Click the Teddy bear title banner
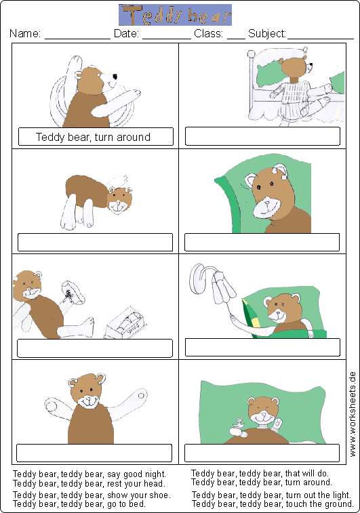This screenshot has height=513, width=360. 175,15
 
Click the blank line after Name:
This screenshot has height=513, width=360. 77,39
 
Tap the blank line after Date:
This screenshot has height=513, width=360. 167,39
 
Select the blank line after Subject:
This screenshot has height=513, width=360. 321,39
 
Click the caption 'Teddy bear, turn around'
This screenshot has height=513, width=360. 94,137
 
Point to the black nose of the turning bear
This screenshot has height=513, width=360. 115,77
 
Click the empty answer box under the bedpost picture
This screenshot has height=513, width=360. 262,136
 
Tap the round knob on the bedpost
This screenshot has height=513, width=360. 251,54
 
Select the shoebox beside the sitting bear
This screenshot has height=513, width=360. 125,323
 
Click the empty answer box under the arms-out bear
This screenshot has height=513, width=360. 94,453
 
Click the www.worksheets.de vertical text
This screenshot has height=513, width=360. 352,414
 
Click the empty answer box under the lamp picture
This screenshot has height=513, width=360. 262,347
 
